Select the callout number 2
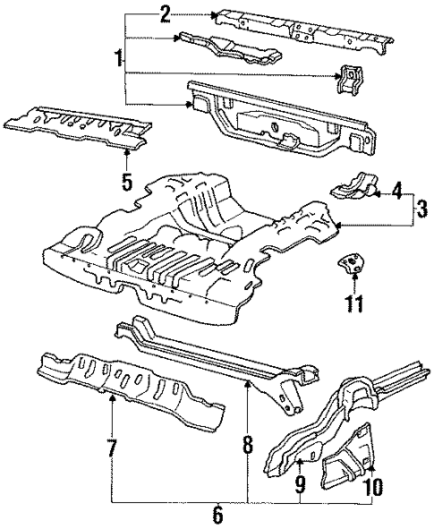[x=165, y=13]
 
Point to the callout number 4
[x=397, y=190]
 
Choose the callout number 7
[x=112, y=448]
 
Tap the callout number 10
[x=374, y=486]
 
